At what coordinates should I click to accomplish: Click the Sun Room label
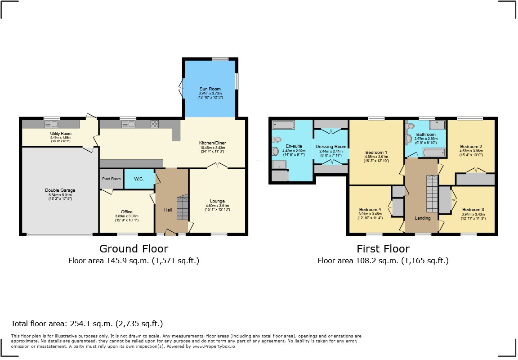coord(210,89)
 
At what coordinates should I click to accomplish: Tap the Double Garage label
coord(59,190)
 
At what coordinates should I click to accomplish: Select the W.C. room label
coord(139,179)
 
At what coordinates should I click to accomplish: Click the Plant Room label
coord(112,179)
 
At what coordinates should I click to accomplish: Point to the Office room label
coord(127,212)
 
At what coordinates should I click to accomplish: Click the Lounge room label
coord(217,201)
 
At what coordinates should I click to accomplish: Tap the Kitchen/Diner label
coord(213,144)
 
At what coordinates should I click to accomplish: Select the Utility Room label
coord(61,134)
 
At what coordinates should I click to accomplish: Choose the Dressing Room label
coord(331,147)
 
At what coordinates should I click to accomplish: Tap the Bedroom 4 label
coord(370,210)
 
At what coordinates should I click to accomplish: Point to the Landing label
coord(423,218)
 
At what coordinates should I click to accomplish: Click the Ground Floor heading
coord(134,248)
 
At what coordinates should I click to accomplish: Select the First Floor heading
coord(383,248)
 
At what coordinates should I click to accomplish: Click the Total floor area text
coord(87,324)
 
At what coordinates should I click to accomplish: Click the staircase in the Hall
coord(182,207)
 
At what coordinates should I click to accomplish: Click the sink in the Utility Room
coord(50,124)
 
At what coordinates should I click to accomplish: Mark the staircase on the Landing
coord(432,193)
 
